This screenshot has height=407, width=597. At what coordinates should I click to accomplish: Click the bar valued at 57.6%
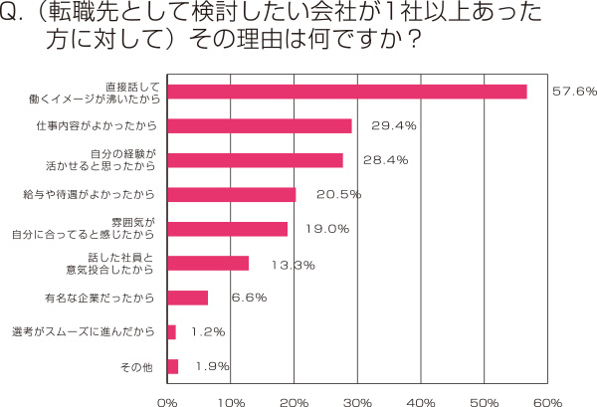(346, 92)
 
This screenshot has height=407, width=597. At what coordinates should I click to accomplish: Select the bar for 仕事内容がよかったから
(259, 125)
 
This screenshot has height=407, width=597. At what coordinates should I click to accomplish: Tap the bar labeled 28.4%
(255, 160)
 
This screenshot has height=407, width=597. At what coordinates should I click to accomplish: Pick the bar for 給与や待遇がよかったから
(231, 194)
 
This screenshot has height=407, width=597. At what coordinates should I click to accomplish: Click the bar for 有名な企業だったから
(187, 298)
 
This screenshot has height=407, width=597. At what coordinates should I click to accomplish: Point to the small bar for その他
(172, 366)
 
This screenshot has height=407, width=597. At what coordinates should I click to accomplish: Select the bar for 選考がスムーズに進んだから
(171, 331)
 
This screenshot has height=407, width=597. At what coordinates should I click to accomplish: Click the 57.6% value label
(574, 92)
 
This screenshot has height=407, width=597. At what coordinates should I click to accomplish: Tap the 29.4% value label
(393, 125)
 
